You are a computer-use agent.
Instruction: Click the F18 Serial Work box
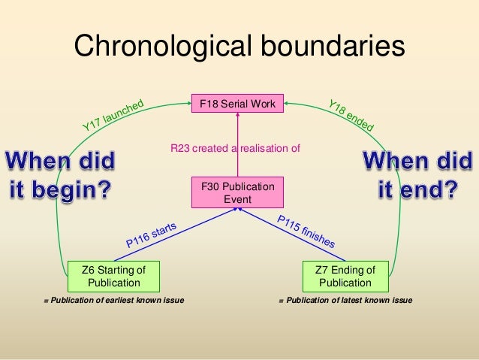click(237, 103)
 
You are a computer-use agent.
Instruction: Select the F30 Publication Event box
click(237, 192)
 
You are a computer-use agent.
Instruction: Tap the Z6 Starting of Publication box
click(113, 276)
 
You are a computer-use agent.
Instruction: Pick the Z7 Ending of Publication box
click(345, 276)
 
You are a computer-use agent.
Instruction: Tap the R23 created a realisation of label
click(235, 149)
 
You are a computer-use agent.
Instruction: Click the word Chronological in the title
click(163, 48)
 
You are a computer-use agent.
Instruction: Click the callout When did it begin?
click(62, 174)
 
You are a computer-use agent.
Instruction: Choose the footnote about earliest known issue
click(113, 301)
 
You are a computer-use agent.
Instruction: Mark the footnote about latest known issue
click(345, 301)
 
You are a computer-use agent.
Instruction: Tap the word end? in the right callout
click(430, 189)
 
